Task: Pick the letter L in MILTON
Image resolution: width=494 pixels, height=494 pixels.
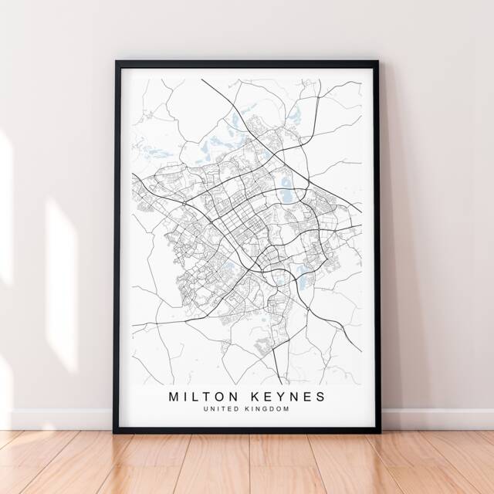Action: coord(196,396)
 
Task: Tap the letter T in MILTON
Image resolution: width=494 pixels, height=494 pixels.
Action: coord(208,396)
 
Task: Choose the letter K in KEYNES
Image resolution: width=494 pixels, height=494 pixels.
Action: coord(256,396)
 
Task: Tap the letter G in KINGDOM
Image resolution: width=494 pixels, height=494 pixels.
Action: coord(266,409)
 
